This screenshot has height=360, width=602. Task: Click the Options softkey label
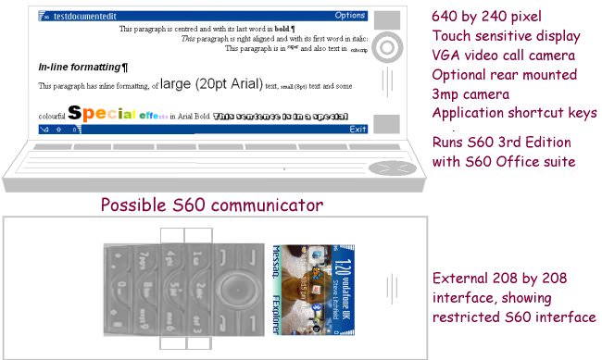pyautogui.click(x=349, y=16)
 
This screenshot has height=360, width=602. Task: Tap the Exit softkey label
pyautogui.click(x=357, y=130)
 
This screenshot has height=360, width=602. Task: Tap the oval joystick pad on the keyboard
pyautogui.click(x=386, y=168)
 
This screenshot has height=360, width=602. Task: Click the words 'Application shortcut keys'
pyautogui.click(x=514, y=113)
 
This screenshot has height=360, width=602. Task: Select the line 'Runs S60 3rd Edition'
pyautogui.click(x=501, y=142)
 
